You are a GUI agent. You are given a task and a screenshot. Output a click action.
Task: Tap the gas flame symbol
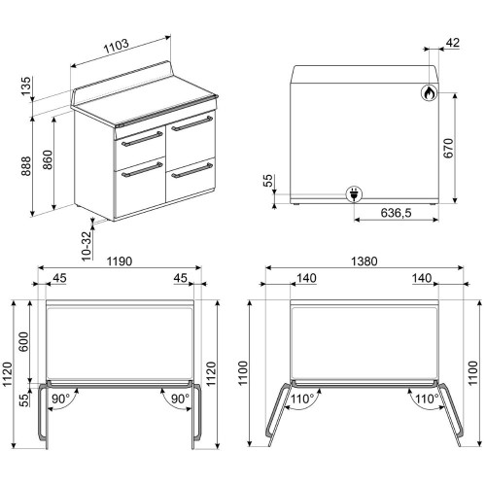click(x=428, y=93)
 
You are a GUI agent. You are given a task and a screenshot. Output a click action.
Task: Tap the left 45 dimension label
click(x=59, y=280)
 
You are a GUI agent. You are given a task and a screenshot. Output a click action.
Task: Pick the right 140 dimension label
click(x=421, y=280)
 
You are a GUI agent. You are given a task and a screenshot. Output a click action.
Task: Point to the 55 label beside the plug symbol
click(x=269, y=182)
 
